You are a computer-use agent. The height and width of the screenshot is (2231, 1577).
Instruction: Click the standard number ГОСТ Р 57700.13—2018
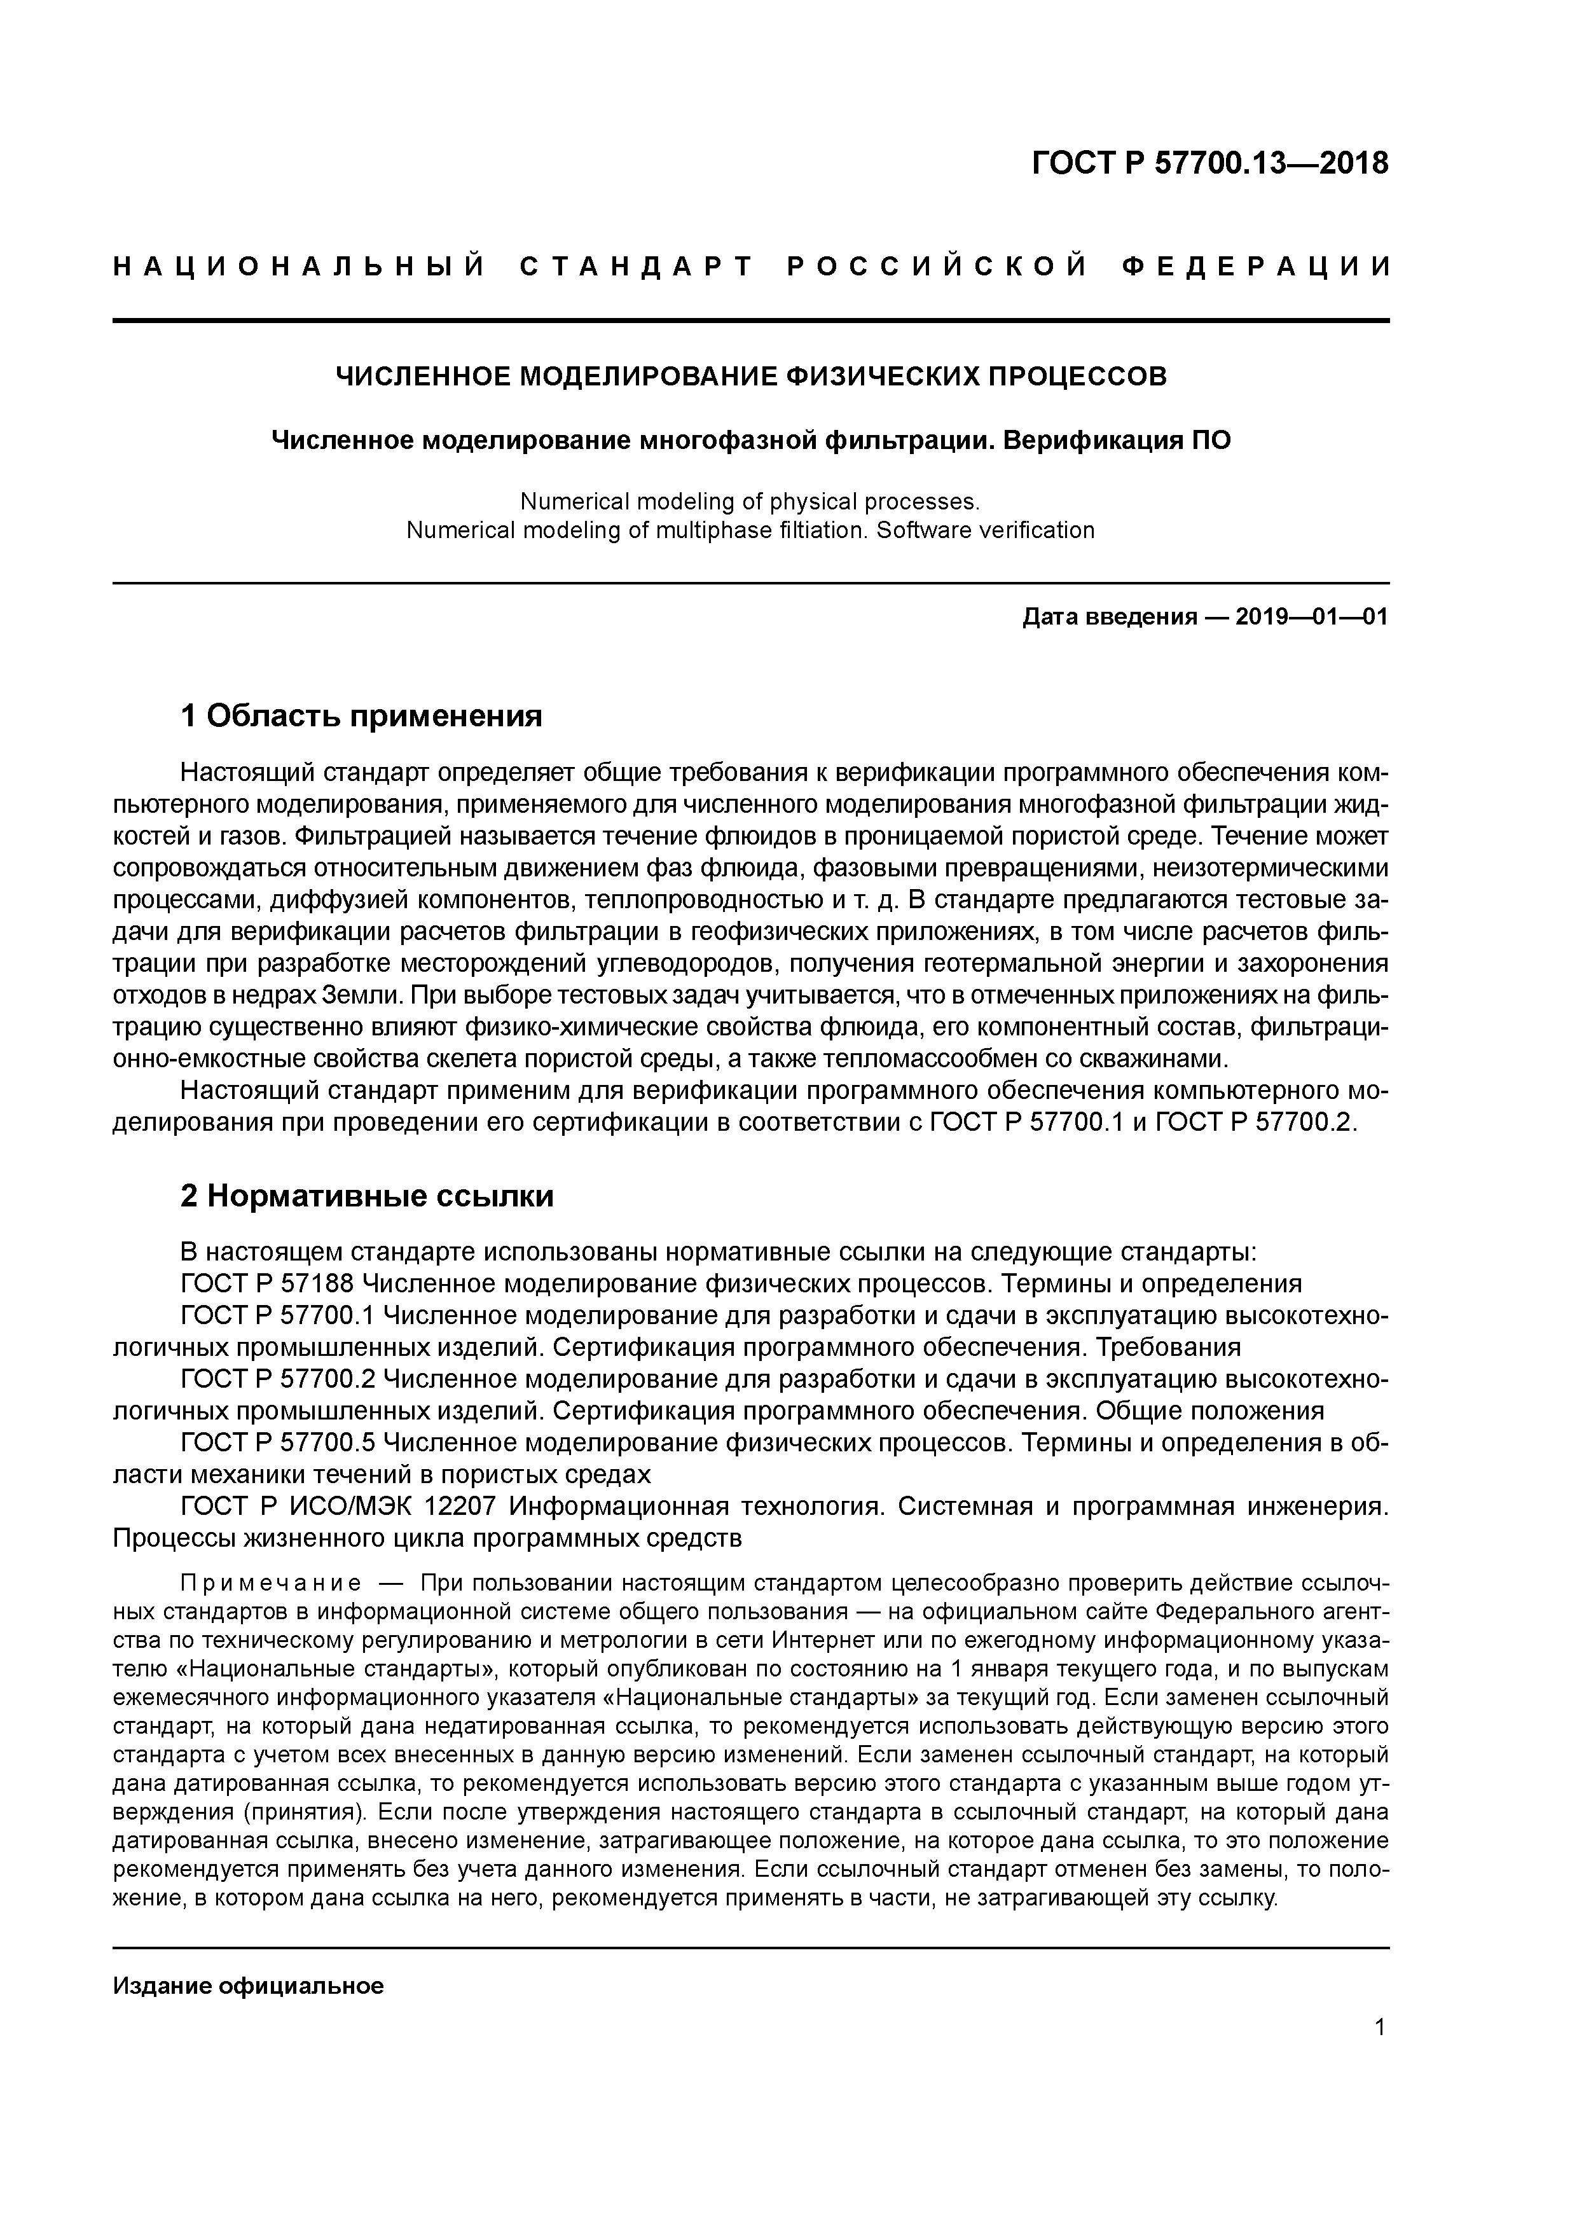click(1209, 164)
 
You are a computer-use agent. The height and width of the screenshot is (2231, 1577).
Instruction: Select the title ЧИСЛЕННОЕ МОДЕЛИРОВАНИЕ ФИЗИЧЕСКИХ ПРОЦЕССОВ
click(750, 376)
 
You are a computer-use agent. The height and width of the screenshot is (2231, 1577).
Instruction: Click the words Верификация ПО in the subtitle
click(1117, 440)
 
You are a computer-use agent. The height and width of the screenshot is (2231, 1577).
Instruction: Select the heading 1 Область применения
click(361, 716)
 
